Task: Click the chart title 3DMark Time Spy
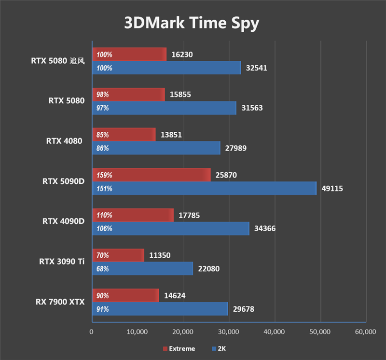(192, 23)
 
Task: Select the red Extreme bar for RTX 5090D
(151, 175)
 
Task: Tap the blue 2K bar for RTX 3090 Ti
(142, 269)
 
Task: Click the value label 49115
(332, 189)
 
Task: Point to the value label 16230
(182, 55)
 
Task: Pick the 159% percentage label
(104, 175)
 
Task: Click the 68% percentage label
(103, 269)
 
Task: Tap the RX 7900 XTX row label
(60, 302)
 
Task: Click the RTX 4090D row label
(63, 222)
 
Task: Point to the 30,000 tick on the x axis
(228, 332)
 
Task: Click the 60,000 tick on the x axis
(365, 332)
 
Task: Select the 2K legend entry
(221, 348)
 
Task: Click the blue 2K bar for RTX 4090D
(170, 229)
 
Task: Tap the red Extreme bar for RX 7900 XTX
(125, 296)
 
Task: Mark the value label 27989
(236, 149)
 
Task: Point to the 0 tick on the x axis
(92, 332)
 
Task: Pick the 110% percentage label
(104, 215)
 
